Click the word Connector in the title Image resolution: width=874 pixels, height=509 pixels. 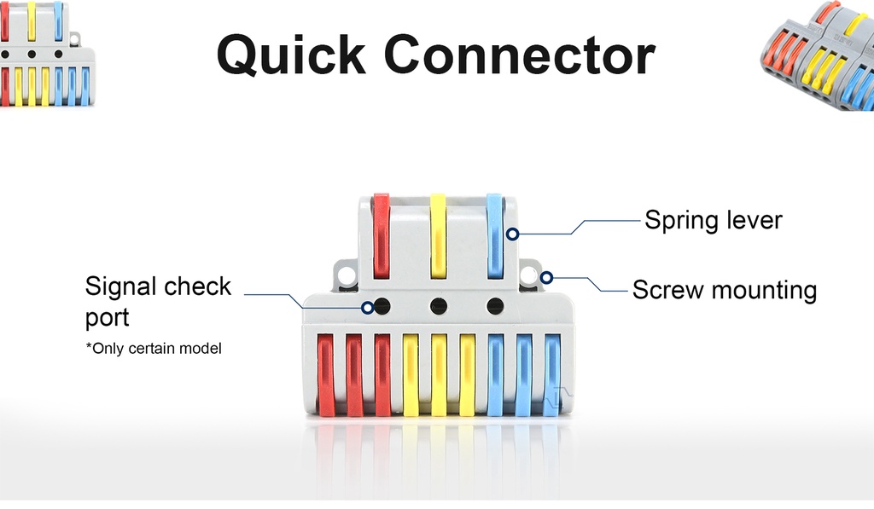(519, 55)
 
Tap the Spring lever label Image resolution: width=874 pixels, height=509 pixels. (713, 220)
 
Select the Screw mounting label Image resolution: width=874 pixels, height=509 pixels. (724, 290)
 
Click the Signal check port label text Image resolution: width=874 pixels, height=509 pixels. (158, 301)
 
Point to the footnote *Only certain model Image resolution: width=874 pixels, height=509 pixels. (154, 348)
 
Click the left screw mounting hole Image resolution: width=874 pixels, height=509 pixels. (346, 275)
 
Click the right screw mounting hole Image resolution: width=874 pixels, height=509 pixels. (529, 275)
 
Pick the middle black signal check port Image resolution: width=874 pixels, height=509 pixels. (439, 305)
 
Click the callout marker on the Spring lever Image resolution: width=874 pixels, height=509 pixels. (512, 234)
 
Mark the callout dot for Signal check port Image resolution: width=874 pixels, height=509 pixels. (368, 308)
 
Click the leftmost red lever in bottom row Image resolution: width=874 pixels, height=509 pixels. (326, 375)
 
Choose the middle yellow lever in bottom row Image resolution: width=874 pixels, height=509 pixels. (439, 375)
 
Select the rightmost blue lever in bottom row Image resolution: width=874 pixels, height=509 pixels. (552, 375)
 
